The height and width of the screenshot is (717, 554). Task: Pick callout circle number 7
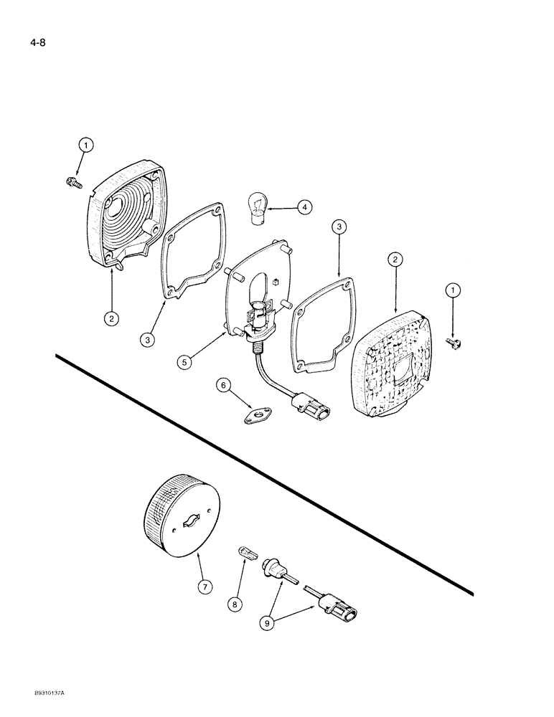205,587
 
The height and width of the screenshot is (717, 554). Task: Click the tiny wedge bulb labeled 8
245,552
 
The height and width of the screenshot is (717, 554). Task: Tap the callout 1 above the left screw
85,146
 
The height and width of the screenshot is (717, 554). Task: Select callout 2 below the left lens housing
111,317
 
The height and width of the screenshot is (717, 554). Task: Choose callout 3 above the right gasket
340,229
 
